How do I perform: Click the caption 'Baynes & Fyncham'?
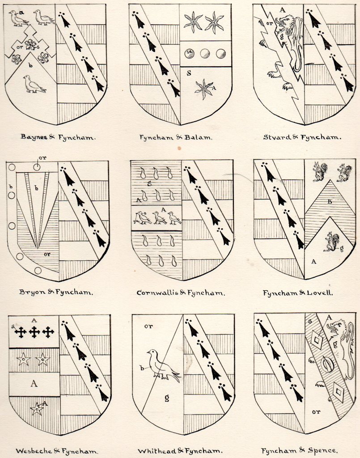tap(58, 137)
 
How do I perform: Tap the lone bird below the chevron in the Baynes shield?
tap(34, 84)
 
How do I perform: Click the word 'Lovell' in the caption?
tap(320, 293)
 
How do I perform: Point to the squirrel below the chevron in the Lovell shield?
tap(332, 242)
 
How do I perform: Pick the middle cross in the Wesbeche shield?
tap(35, 332)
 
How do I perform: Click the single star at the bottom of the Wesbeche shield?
tap(37, 409)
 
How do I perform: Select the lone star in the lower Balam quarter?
tap(204, 89)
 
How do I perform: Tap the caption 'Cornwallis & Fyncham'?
tap(181, 293)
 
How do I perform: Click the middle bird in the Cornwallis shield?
tap(159, 217)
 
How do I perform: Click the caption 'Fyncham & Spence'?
tap(300, 451)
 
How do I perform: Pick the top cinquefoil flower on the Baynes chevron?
tap(30, 44)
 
